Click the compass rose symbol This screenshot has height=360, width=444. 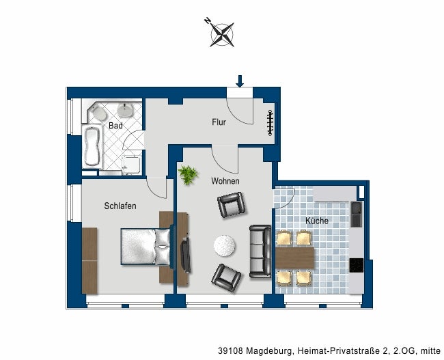pyautogui.click(x=222, y=34)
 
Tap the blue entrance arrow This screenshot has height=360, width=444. pyautogui.click(x=240, y=81)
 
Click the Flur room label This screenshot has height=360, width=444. pyautogui.click(x=219, y=122)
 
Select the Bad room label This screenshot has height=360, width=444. pyautogui.click(x=115, y=126)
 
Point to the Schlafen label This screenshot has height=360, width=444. pyautogui.click(x=120, y=206)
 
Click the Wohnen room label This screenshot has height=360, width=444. pyautogui.click(x=225, y=181)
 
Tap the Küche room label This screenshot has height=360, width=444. pyautogui.click(x=317, y=221)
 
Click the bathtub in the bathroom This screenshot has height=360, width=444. pyautogui.click(x=92, y=146)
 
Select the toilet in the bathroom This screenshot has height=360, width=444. pyautogui.click(x=98, y=114)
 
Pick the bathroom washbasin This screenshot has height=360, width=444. pyautogui.click(x=125, y=110)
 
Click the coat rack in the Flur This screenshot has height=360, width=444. pyautogui.click(x=270, y=122)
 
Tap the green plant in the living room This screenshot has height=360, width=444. pyautogui.click(x=188, y=175)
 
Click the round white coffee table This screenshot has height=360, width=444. pyautogui.click(x=224, y=246)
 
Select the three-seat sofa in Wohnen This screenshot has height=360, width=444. pyautogui.click(x=260, y=251)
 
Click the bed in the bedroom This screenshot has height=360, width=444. pyautogui.click(x=146, y=247)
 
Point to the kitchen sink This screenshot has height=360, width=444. pyautogui.click(x=357, y=214)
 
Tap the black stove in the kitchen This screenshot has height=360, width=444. pyautogui.click(x=356, y=266)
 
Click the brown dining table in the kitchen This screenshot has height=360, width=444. pyautogui.click(x=295, y=258)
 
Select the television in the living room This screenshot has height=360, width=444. pyautogui.click(x=186, y=255)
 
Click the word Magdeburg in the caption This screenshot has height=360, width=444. pyautogui.click(x=268, y=351)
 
